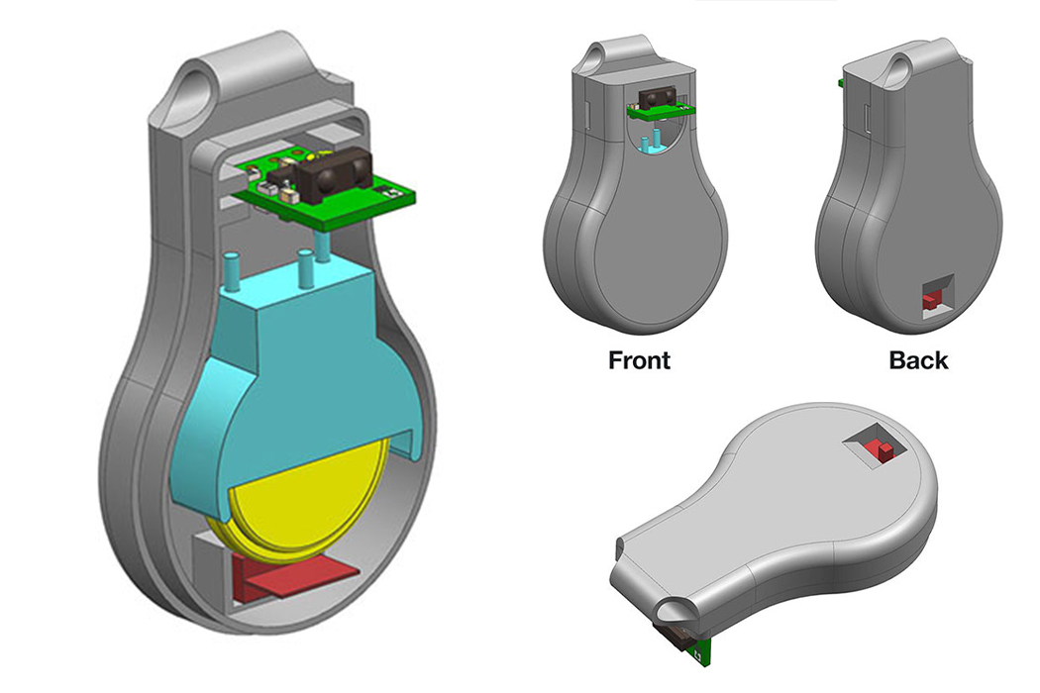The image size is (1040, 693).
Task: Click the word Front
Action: [639, 359]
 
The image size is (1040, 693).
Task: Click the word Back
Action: [918, 359]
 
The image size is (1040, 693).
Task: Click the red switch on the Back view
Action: [930, 298]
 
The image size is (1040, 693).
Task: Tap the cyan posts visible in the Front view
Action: [648, 145]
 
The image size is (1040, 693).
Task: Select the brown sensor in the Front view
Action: [657, 97]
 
